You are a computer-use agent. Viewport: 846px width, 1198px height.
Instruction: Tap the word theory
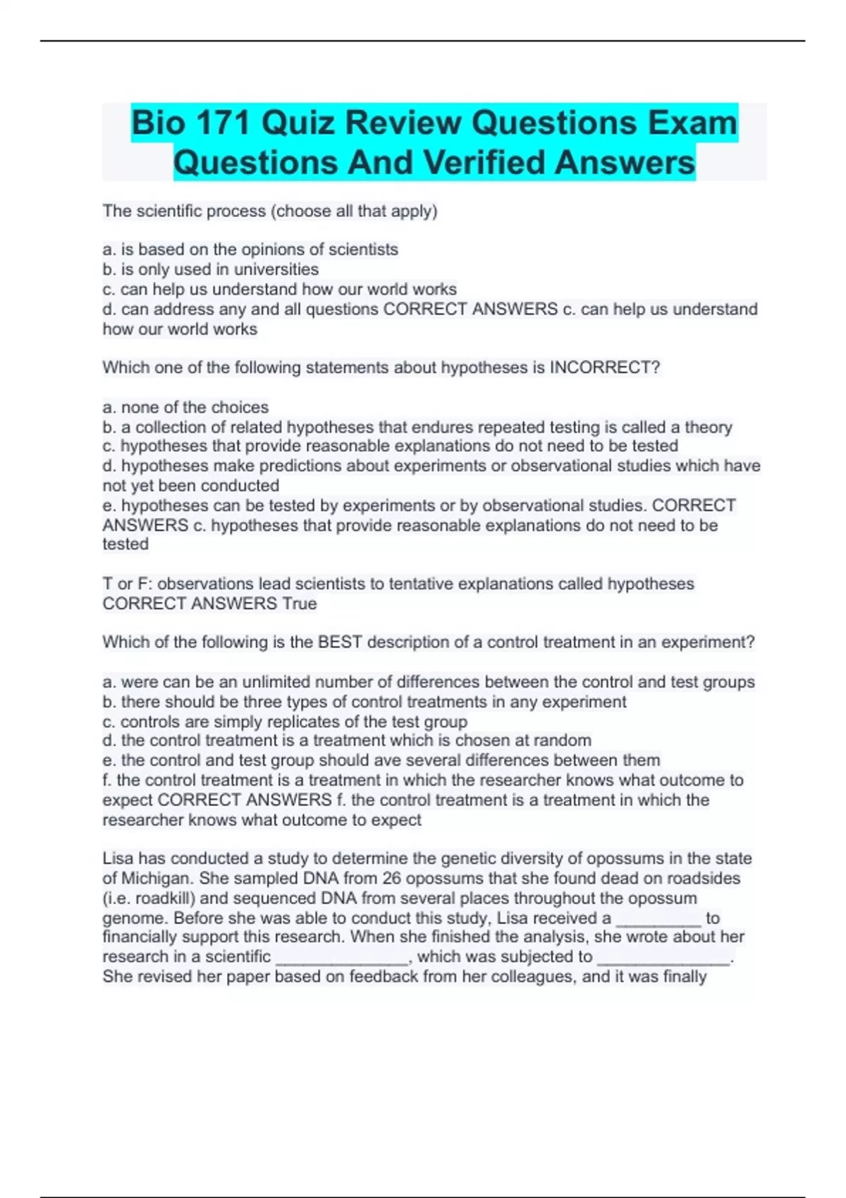[x=708, y=427]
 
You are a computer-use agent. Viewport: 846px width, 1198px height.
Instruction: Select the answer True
[x=300, y=603]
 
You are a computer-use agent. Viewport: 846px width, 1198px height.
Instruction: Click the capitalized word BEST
[x=340, y=642]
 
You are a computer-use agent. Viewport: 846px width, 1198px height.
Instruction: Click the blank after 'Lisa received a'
[x=658, y=918]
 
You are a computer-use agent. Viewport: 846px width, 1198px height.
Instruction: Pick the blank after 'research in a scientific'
[x=342, y=957]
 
